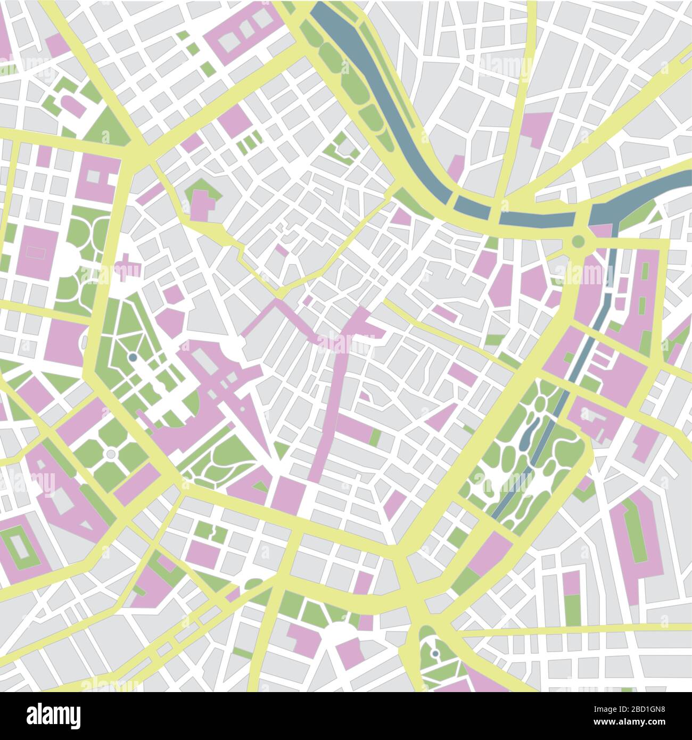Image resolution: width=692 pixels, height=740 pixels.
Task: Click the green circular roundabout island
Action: pos(578,241)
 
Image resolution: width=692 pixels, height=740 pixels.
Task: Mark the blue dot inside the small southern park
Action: pos(435,653)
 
